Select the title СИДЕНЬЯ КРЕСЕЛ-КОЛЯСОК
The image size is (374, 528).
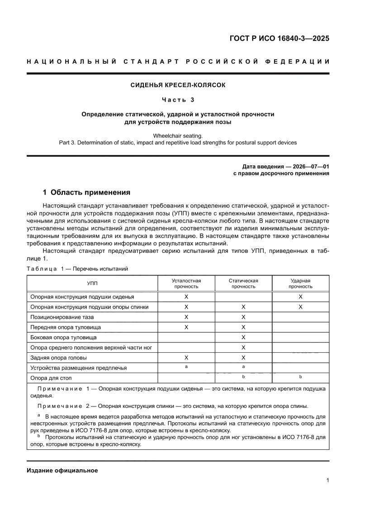pyautogui.click(x=178, y=85)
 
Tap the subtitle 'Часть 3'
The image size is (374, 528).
pyautogui.click(x=178, y=99)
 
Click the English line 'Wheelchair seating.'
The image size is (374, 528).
pyautogui.click(x=178, y=136)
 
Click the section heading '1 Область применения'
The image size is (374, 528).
pyautogui.click(x=86, y=192)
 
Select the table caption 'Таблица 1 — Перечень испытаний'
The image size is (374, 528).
pyautogui.click(x=77, y=269)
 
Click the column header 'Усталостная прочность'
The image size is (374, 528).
pyautogui.click(x=186, y=283)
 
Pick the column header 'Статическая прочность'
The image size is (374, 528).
pyautogui.click(x=243, y=283)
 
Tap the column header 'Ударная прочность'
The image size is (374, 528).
pyautogui.click(x=300, y=283)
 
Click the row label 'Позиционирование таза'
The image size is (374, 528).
pyautogui.click(x=62, y=317)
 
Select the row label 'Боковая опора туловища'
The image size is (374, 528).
pyautogui.click(x=63, y=337)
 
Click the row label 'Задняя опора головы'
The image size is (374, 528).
pyautogui.click(x=59, y=357)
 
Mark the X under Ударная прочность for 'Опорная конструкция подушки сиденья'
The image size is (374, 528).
pyautogui.click(x=300, y=297)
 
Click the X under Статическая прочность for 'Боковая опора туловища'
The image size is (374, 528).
pyautogui.click(x=243, y=337)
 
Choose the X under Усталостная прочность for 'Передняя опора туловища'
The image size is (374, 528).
pyautogui.click(x=186, y=327)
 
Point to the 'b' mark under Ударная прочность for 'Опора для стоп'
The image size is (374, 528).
pyautogui.click(x=300, y=376)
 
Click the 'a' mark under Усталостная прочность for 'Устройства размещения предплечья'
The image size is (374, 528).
pyautogui.click(x=186, y=367)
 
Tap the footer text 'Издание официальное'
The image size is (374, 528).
pyautogui.click(x=62, y=470)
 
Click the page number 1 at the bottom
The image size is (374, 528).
pyautogui.click(x=327, y=481)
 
